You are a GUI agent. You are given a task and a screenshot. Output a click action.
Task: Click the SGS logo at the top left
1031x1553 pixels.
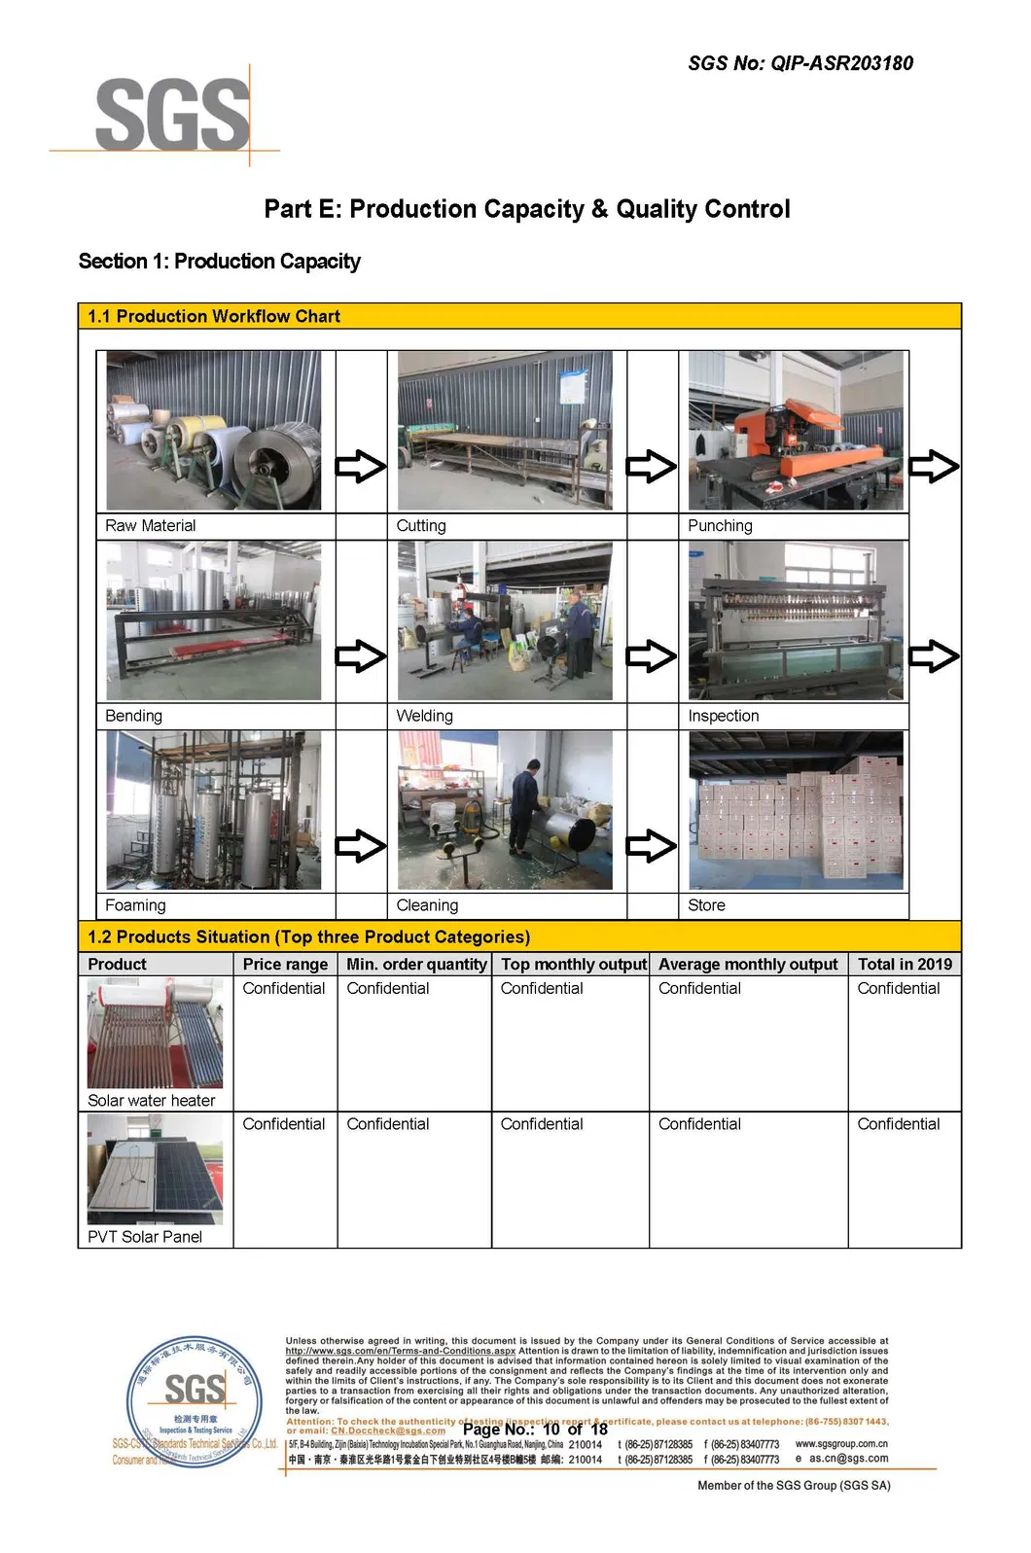pos(171,115)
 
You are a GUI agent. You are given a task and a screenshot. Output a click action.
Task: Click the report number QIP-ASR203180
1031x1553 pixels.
pos(841,64)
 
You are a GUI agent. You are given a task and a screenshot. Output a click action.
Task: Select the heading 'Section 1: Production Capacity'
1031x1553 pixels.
pos(219,262)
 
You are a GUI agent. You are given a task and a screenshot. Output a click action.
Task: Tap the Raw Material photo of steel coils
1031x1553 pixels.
pos(214,430)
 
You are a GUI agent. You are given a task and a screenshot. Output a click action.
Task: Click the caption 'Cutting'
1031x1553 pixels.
pos(421,526)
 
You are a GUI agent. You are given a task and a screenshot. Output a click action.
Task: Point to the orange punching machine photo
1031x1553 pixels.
pos(796,430)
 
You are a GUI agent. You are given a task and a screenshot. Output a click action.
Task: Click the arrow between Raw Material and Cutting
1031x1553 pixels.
pos(361,467)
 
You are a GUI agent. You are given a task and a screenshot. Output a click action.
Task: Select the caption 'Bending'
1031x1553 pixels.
pos(133,716)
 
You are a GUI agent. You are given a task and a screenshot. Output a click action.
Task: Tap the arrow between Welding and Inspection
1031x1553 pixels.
pos(652,656)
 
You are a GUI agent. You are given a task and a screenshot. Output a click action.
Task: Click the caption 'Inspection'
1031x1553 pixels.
pos(723,716)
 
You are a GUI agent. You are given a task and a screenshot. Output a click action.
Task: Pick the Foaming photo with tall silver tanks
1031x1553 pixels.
pos(214,810)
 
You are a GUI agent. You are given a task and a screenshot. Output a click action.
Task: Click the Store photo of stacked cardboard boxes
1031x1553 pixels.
pos(796,810)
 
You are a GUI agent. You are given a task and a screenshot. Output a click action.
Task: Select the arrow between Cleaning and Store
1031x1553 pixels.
pos(652,846)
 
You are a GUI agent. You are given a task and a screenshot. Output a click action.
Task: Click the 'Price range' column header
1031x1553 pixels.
pos(285,965)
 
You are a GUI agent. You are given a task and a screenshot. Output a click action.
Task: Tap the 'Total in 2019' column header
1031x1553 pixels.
pos(905,965)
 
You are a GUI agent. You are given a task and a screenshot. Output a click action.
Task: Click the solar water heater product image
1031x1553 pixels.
pos(155,1034)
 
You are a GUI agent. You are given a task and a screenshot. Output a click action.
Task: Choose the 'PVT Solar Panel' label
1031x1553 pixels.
pos(145,1237)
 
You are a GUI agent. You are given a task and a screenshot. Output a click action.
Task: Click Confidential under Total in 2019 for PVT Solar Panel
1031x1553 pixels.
pos(898,1124)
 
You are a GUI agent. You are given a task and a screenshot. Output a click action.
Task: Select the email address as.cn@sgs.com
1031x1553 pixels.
pos(848,1459)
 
